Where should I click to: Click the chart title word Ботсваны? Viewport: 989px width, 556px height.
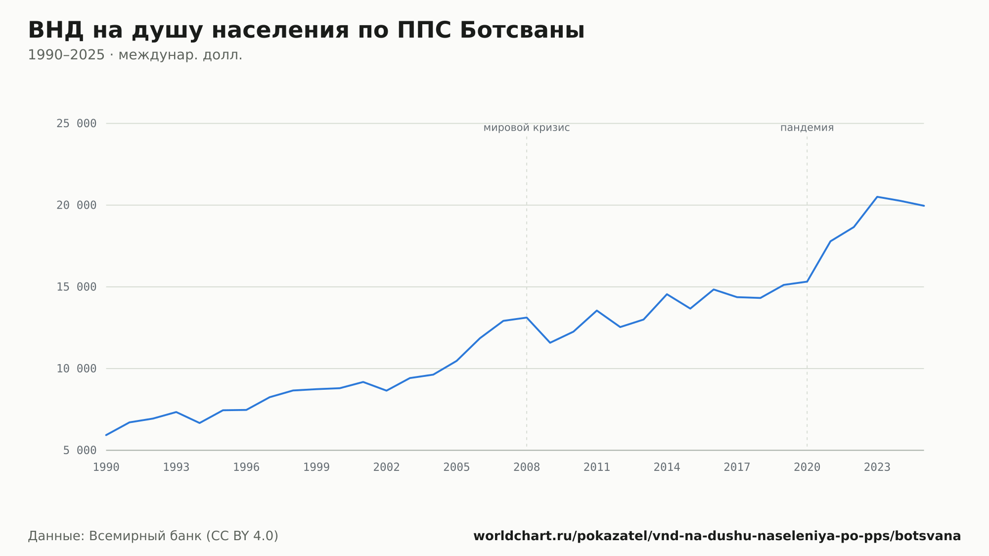(522, 30)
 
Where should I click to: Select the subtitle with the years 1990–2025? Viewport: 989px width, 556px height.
(135, 55)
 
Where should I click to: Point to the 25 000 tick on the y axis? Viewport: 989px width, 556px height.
(76, 124)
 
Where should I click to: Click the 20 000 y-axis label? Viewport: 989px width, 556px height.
(76, 205)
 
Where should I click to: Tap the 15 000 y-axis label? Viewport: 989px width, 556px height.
(76, 287)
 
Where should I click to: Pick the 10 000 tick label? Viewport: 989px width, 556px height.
(76, 369)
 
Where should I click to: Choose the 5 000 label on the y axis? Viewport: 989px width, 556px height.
(80, 450)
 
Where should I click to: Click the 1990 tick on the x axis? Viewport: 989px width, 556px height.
(106, 467)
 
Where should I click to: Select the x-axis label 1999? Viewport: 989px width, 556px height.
(316, 467)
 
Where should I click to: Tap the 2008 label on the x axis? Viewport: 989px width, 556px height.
(527, 467)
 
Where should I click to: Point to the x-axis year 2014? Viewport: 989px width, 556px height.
(667, 467)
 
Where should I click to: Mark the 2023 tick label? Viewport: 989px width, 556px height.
(877, 467)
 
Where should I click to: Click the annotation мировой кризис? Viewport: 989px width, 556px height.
(527, 128)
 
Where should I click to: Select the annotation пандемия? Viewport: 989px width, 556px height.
(807, 128)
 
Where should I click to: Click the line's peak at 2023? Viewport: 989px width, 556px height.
(877, 197)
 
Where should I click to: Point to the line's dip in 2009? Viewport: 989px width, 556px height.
(550, 343)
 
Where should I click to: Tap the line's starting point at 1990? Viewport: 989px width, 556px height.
(106, 435)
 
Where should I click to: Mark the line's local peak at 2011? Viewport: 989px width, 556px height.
(597, 311)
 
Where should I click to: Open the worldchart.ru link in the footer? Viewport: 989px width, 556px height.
(717, 536)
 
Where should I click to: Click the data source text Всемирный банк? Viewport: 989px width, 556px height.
(145, 536)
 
